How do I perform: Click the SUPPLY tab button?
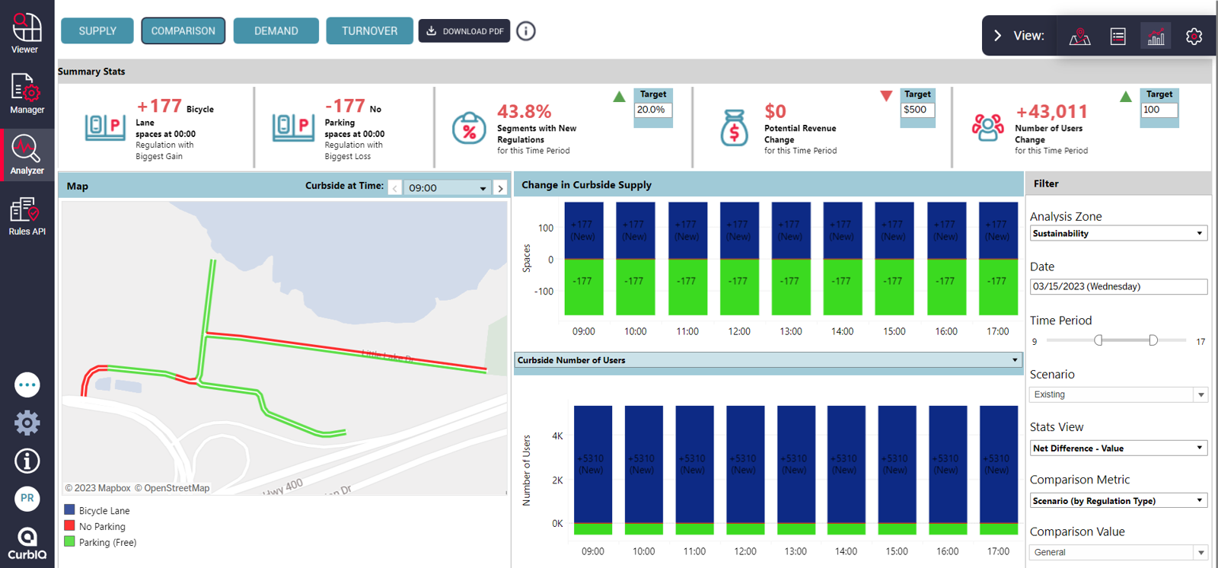tap(97, 31)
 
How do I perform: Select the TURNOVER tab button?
tap(369, 31)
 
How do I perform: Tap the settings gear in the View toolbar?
tap(1194, 36)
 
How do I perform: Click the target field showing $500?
tap(917, 110)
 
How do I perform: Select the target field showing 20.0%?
tap(653, 110)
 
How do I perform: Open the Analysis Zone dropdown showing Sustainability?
tap(1118, 234)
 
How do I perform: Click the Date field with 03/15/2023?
tap(1118, 287)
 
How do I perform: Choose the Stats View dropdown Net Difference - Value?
tap(1118, 448)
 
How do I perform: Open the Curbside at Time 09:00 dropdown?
tap(447, 188)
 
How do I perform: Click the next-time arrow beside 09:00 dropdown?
tap(500, 188)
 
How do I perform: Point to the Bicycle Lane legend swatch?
tap(69, 510)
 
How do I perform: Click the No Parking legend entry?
tap(102, 527)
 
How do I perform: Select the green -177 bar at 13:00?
tap(790, 286)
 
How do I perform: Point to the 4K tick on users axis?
tap(557, 436)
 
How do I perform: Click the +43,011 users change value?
tap(1051, 112)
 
